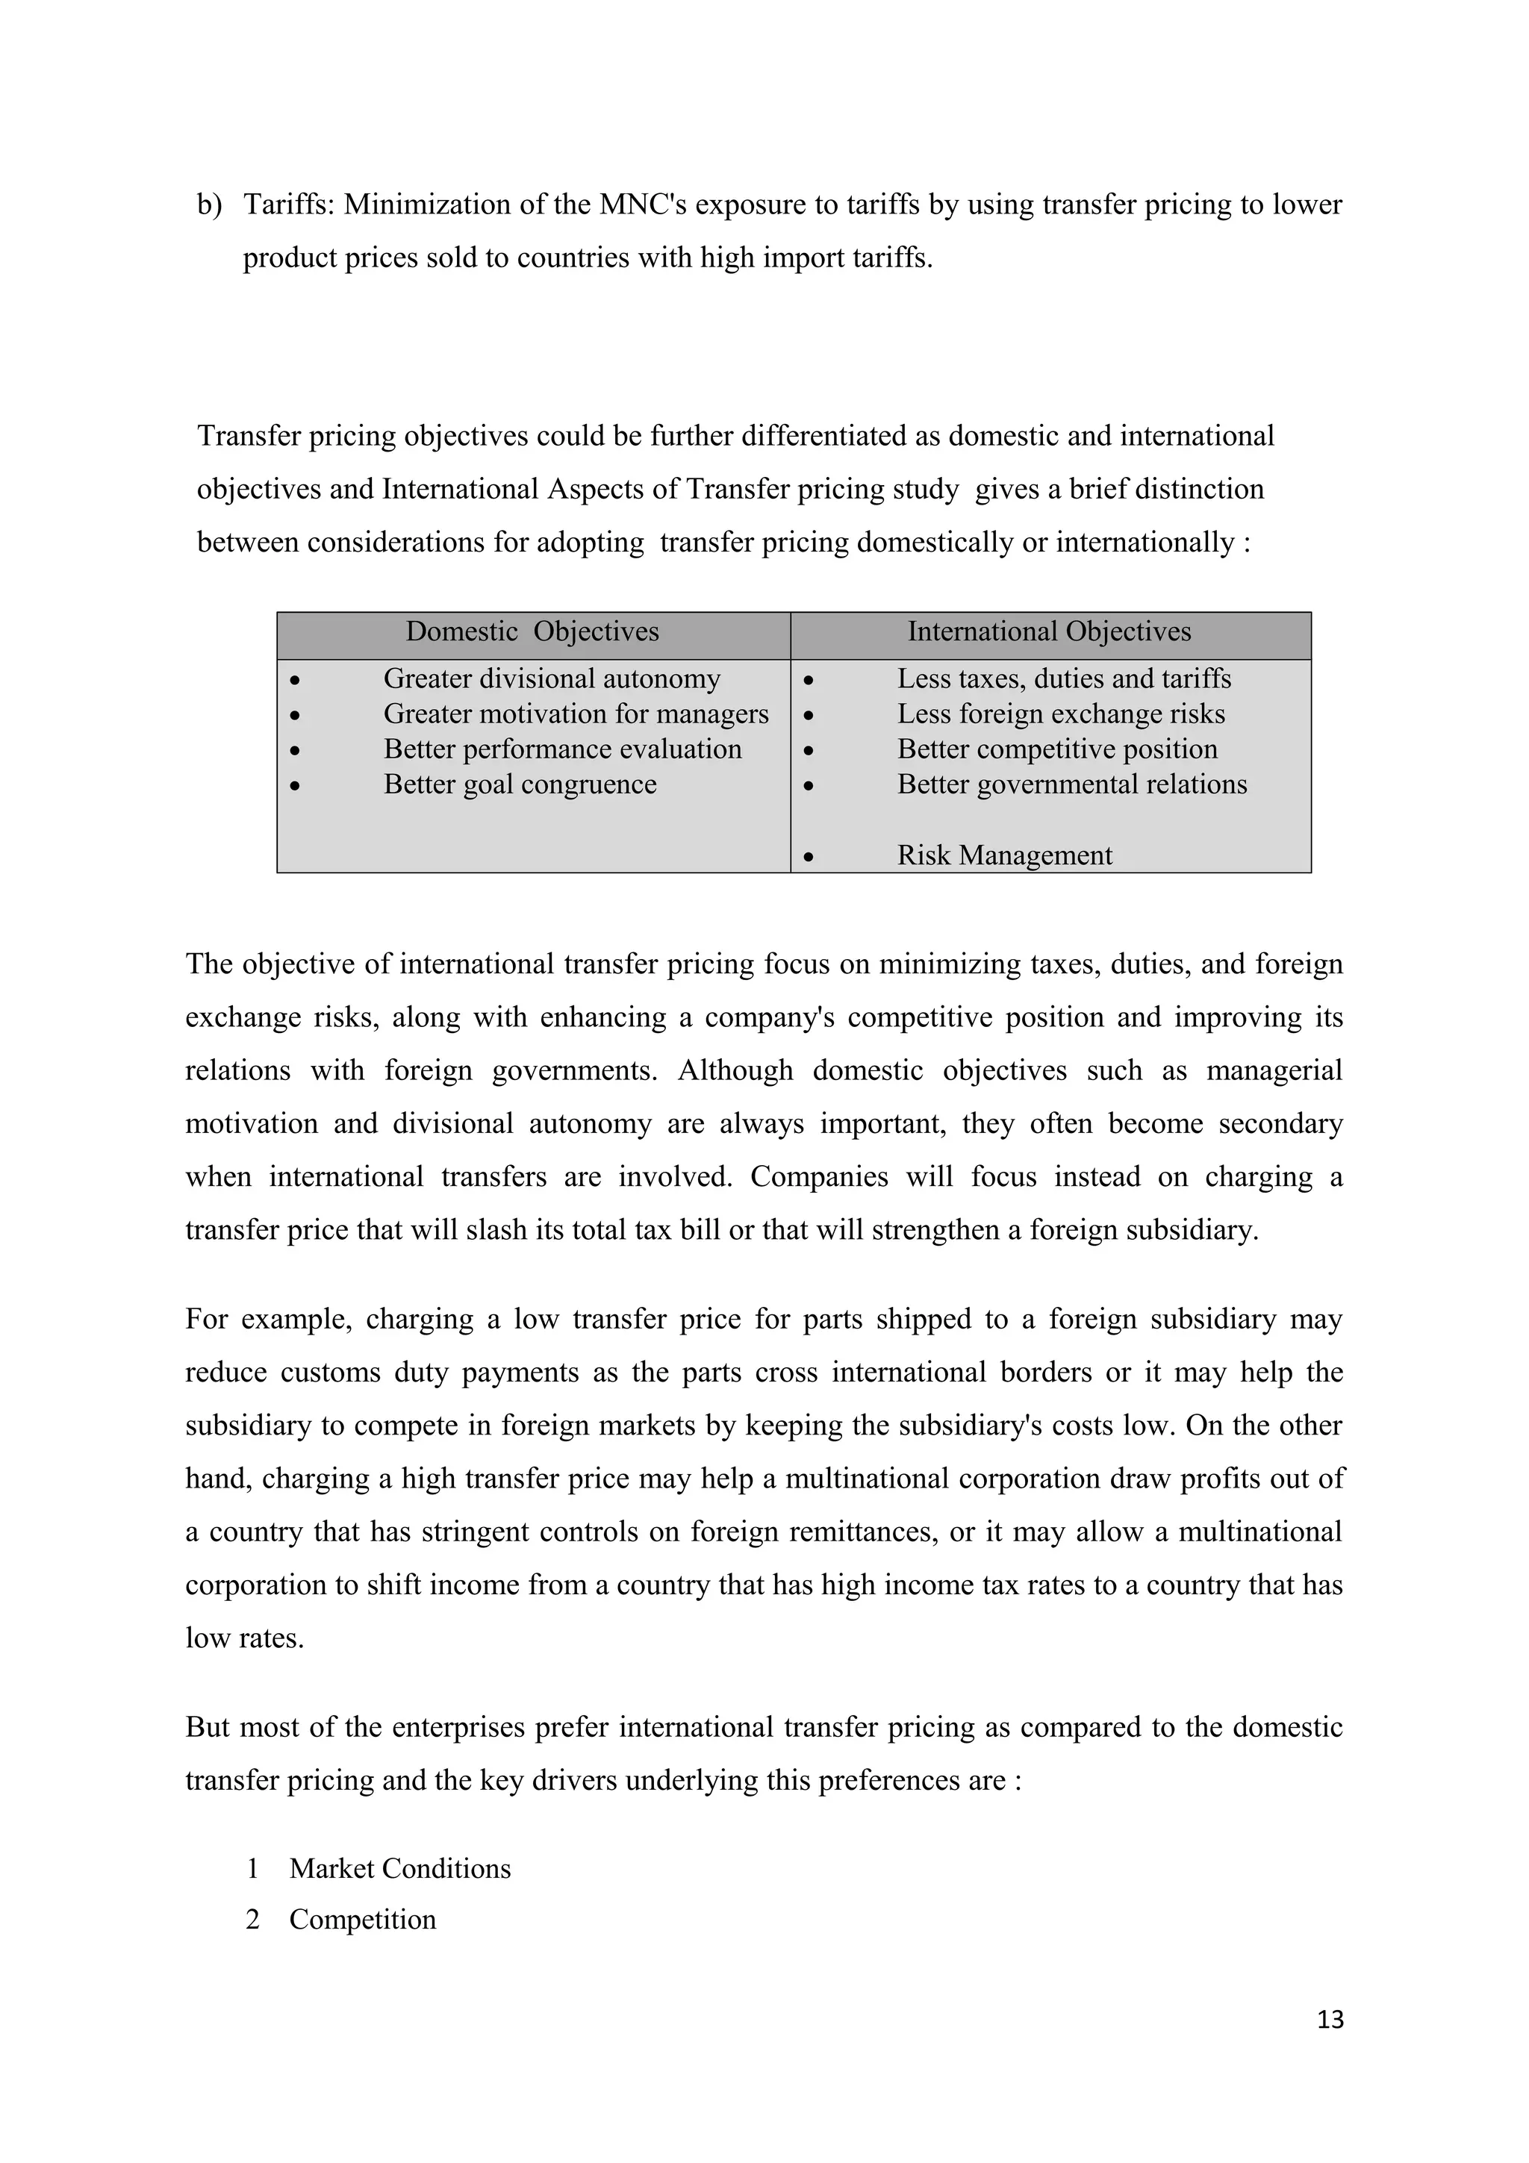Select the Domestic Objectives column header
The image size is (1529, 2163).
point(532,631)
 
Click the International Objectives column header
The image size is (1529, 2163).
point(1048,631)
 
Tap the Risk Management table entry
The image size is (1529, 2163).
point(1003,855)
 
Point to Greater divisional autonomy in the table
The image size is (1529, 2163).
point(551,678)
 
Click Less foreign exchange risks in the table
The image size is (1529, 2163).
point(1060,714)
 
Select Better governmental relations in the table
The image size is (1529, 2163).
point(1071,784)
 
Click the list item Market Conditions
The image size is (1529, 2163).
point(399,1868)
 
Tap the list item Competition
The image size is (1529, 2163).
point(362,1919)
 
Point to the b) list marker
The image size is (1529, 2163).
point(209,205)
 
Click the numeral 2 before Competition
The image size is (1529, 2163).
point(252,1919)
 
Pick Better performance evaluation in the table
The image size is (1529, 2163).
point(561,749)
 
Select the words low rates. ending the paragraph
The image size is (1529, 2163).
point(244,1638)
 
